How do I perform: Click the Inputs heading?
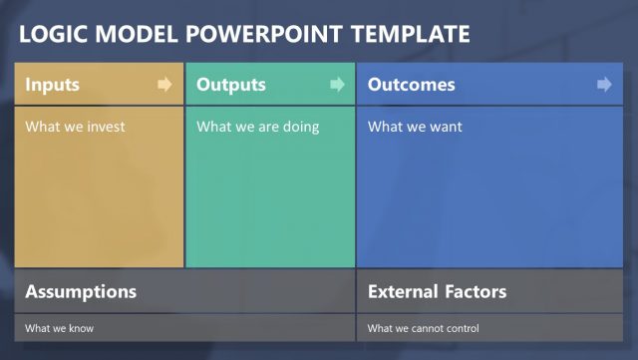[52, 85]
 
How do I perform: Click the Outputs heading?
[231, 85]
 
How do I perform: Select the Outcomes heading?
[411, 85]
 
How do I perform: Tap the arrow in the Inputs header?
[164, 85]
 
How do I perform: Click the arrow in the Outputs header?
[337, 85]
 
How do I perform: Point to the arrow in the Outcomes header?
[604, 85]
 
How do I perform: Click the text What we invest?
[75, 127]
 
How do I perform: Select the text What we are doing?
[257, 127]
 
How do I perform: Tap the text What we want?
[415, 127]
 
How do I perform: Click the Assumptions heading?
[81, 292]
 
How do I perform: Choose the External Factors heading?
[437, 292]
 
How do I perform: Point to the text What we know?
[59, 328]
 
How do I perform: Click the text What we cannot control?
[423, 328]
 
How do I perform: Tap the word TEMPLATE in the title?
[411, 35]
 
